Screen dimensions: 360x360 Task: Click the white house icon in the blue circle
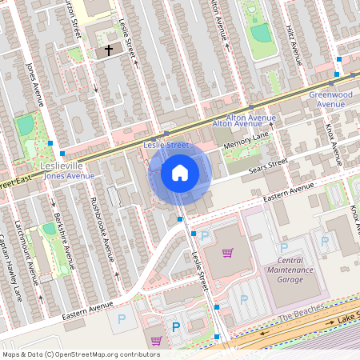pos(180,173)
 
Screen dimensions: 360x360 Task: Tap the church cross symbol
pos(108,50)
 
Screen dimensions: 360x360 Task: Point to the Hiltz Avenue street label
pos(295,45)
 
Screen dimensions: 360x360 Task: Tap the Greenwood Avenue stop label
pos(330,99)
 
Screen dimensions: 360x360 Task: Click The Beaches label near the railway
pos(300,312)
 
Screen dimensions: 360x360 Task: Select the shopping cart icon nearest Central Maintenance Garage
pos(227,254)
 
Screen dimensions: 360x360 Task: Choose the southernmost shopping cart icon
pos(155,341)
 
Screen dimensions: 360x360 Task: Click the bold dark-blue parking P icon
pos(175,327)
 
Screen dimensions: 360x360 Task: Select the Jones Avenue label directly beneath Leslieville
pos(63,176)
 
